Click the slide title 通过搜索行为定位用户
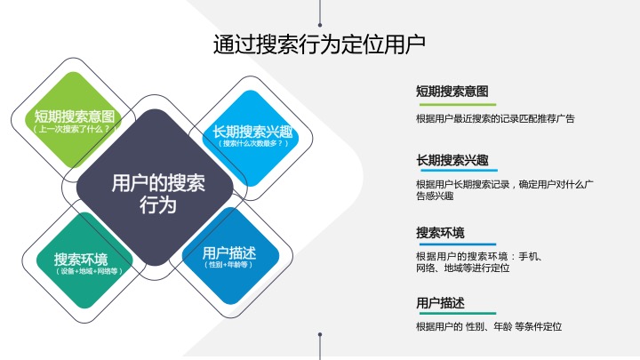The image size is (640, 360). [319, 44]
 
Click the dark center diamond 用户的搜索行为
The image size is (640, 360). [155, 188]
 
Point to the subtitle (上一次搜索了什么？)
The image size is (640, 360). [74, 130]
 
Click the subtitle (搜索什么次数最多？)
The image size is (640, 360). [253, 143]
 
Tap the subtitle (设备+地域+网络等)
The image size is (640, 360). [89, 271]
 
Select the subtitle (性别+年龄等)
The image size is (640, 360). [228, 265]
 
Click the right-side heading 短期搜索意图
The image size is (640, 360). [452, 91]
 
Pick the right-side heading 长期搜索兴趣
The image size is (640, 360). [452, 160]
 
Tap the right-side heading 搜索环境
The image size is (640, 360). [440, 233]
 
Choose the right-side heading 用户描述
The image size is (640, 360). [440, 303]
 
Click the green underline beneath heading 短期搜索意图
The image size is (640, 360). [458, 105]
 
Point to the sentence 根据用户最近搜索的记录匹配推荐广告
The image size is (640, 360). [495, 119]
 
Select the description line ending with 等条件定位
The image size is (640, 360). [489, 326]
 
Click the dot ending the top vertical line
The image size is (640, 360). [320, 25]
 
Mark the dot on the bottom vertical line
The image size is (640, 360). [320, 335]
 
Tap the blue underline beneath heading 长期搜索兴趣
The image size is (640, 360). [459, 170]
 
